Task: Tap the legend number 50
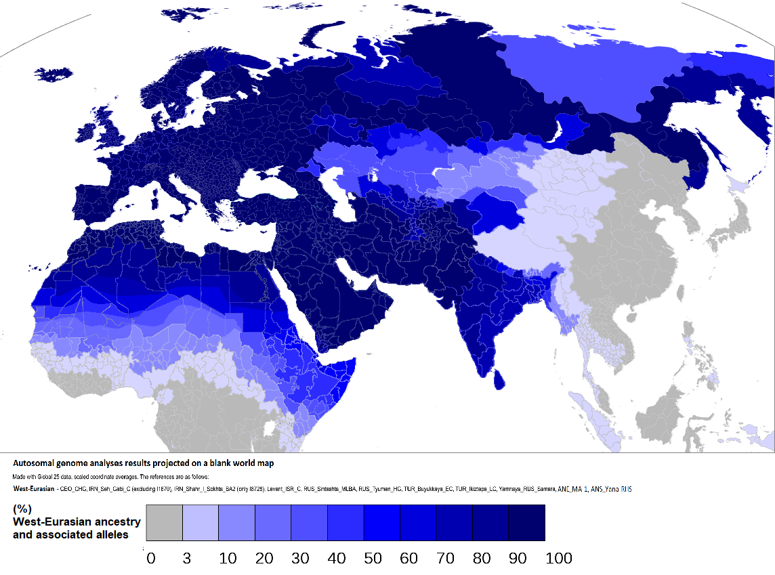coord(373,559)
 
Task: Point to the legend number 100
coord(558,559)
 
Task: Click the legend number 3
coord(187,559)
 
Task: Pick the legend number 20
coord(264,559)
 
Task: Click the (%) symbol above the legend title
coord(22,509)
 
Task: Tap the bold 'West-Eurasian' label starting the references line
coord(35,488)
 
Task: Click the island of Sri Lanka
coord(499,379)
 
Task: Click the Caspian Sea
coord(343,193)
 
